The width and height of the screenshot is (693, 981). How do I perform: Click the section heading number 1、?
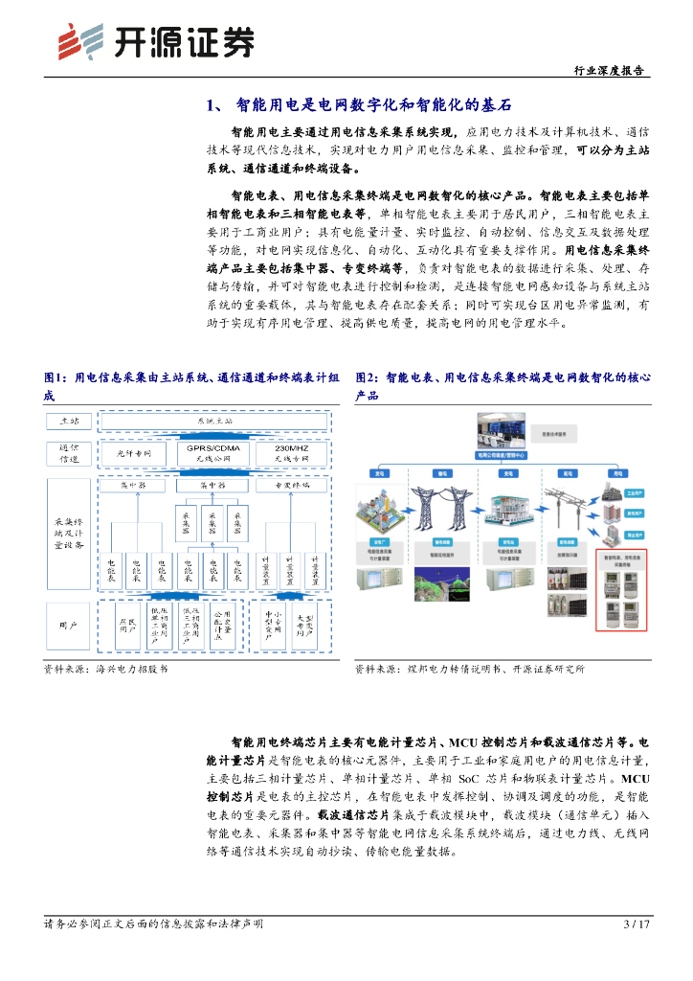tap(215, 105)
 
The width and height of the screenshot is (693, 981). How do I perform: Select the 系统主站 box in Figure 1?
tap(214, 422)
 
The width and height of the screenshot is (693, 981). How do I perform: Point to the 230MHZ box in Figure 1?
tap(290, 452)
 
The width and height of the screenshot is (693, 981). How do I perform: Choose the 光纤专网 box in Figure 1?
tap(135, 452)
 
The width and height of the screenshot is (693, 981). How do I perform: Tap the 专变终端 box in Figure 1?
tap(290, 486)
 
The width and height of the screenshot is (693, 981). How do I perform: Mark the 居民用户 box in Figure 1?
tap(124, 626)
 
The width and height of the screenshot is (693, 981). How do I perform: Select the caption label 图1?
tap(56, 378)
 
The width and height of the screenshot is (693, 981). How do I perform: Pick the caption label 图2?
tap(368, 378)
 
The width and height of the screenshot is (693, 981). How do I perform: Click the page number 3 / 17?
tap(637, 924)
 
